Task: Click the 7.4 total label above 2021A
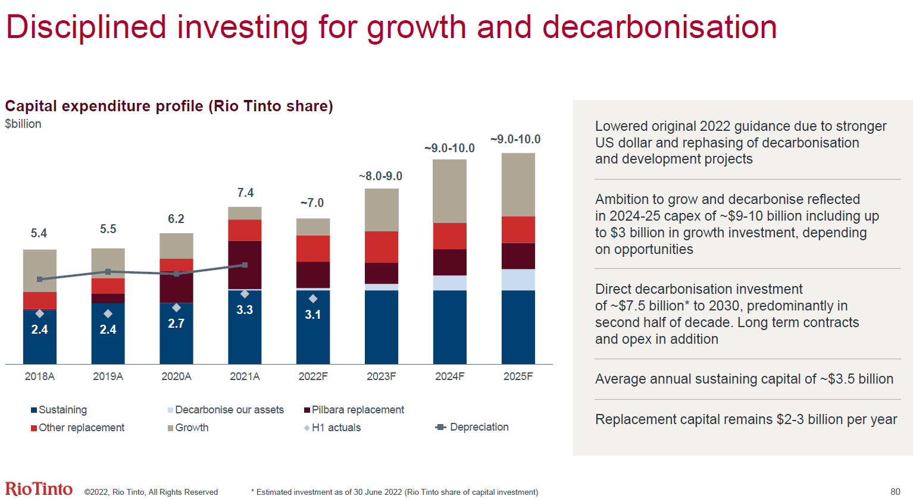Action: tap(245, 193)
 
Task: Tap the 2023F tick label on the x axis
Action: tap(381, 376)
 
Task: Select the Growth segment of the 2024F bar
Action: tap(449, 191)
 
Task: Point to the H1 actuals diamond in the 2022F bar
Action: tap(313, 299)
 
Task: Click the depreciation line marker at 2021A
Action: tap(245, 265)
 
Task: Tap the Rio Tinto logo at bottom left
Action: tap(39, 489)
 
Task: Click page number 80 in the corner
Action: tap(895, 491)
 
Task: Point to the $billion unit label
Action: tap(23, 124)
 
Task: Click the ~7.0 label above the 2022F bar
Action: tap(312, 203)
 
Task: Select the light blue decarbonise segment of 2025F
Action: tap(518, 280)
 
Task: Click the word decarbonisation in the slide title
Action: tap(659, 27)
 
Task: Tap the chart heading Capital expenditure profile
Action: tap(169, 106)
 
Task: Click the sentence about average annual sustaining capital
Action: tap(744, 379)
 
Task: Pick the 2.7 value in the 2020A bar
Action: tap(176, 324)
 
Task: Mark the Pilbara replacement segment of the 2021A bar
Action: tap(245, 264)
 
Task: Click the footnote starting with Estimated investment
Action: tap(395, 492)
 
